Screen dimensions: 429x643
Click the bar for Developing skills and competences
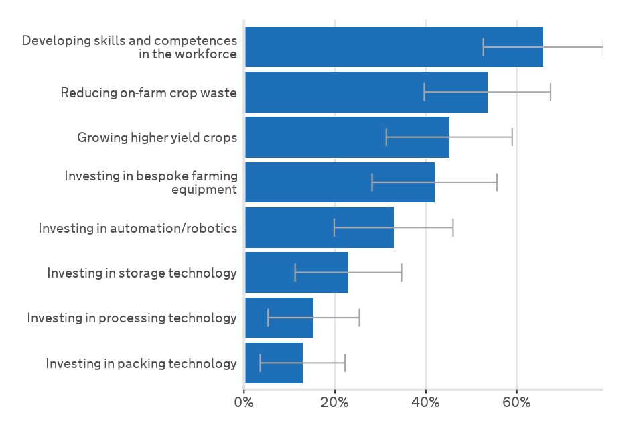click(394, 47)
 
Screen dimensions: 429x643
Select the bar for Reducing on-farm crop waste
click(366, 92)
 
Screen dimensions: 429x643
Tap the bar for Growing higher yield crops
click(347, 137)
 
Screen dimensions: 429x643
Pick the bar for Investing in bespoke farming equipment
click(340, 182)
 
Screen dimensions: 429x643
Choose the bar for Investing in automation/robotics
click(319, 227)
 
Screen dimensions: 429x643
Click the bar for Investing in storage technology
click(296, 273)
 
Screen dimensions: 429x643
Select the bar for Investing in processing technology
click(279, 318)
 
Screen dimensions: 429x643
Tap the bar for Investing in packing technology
click(273, 363)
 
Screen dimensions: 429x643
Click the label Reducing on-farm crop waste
click(149, 93)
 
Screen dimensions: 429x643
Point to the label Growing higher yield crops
click(157, 138)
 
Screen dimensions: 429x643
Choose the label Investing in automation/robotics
click(138, 228)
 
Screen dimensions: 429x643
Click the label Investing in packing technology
click(141, 363)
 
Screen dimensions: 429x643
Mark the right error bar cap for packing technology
click(345, 363)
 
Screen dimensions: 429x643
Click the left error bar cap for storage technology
click(295, 273)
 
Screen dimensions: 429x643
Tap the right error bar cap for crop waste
click(551, 92)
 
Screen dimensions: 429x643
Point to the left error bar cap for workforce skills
click(484, 47)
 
